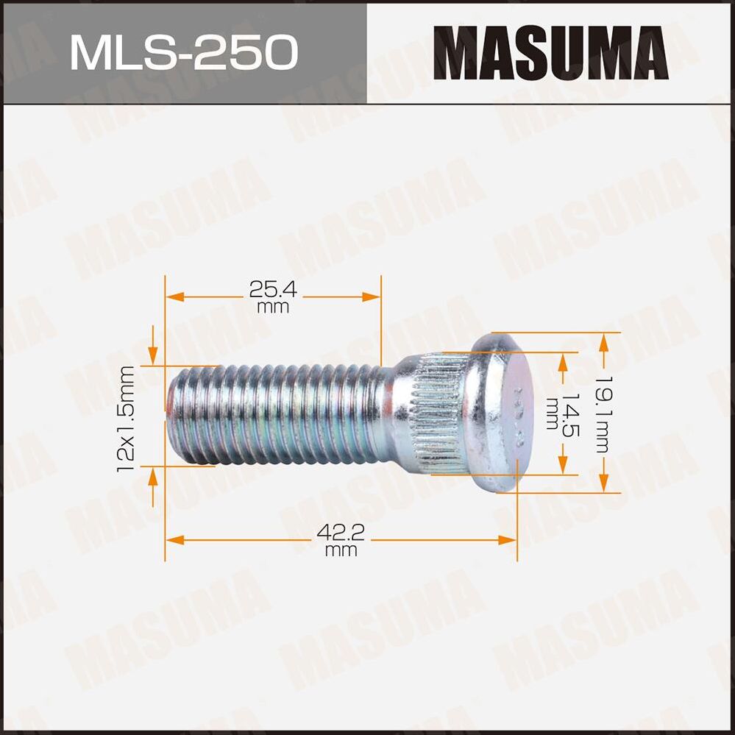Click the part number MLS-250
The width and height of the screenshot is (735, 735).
183,52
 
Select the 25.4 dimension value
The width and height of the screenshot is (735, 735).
273,290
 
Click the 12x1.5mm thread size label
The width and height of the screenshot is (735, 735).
126,416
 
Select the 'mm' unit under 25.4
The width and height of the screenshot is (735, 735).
273,308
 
